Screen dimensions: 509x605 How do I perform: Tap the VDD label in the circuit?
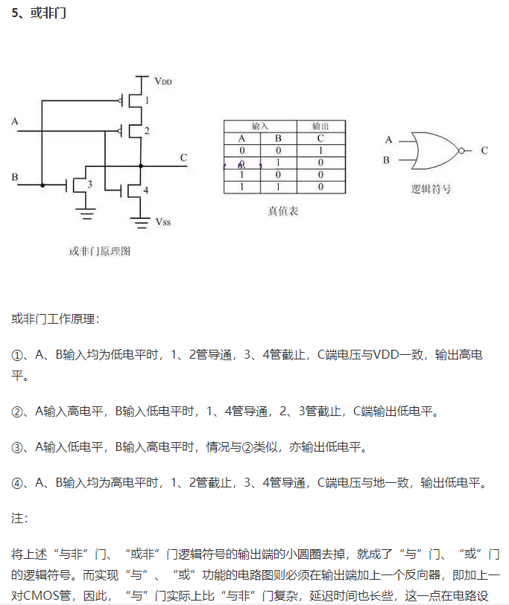point(163,80)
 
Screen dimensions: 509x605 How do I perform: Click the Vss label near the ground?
point(163,222)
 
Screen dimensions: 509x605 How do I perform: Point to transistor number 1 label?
point(147,100)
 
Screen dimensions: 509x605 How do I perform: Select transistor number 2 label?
point(147,131)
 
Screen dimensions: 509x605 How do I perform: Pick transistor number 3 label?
point(89,184)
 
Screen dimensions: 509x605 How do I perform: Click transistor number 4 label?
point(146,191)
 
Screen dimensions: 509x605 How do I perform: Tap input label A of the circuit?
point(15,121)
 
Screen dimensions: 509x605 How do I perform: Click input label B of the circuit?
point(15,176)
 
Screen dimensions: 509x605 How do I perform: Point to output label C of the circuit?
point(183,157)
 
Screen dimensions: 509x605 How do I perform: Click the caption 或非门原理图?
point(100,252)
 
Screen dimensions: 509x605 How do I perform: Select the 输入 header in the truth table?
point(260,127)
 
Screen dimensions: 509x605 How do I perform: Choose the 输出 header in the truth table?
point(320,127)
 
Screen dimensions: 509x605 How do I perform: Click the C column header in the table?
point(320,138)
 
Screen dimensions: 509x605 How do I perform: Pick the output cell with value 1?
point(320,150)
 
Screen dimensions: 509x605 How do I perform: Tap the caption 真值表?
point(283,211)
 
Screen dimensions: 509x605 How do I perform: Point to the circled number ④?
point(18,483)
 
